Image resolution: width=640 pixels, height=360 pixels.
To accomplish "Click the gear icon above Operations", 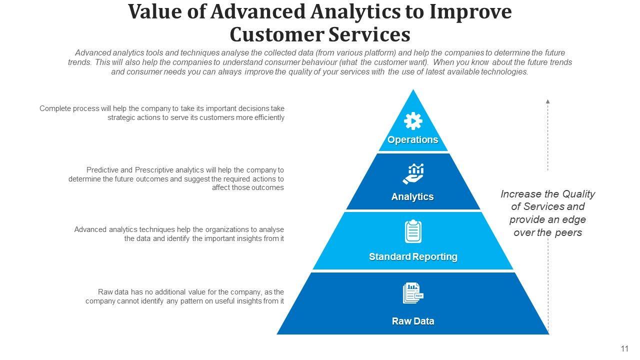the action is click(x=413, y=121).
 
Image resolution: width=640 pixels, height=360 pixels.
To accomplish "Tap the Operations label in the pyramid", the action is click(x=413, y=140).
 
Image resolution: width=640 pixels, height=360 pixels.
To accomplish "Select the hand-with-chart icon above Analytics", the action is click(x=413, y=174).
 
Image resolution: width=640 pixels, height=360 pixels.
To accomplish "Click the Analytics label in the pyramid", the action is click(x=412, y=197).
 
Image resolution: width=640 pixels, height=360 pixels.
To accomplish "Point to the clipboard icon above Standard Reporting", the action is click(x=413, y=231).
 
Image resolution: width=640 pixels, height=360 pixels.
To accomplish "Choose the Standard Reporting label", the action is click(x=413, y=257).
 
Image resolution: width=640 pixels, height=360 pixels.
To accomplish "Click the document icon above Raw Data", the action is click(x=413, y=293).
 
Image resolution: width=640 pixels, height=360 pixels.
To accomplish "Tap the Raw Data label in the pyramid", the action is click(x=413, y=321).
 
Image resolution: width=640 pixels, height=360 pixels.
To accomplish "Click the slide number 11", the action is click(x=624, y=348).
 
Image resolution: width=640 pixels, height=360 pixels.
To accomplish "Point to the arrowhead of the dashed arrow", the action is click(x=548, y=101).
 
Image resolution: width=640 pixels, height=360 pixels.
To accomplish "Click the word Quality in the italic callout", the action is click(x=578, y=194).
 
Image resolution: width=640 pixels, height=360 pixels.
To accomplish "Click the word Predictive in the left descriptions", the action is click(x=102, y=170).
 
